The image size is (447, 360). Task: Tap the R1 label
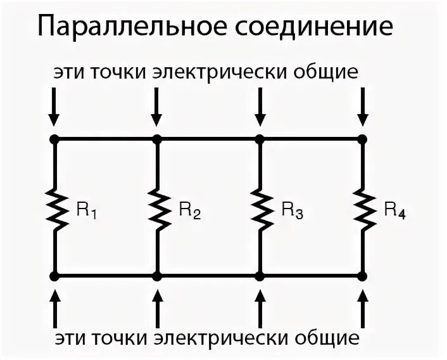86,211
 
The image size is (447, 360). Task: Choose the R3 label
292,211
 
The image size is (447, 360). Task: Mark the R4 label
394,211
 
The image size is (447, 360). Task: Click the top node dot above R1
54,139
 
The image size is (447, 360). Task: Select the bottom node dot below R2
157,276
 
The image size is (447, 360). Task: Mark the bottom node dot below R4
362,276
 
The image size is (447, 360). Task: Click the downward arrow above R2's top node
157,107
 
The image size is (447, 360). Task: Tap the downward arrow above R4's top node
362,107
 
